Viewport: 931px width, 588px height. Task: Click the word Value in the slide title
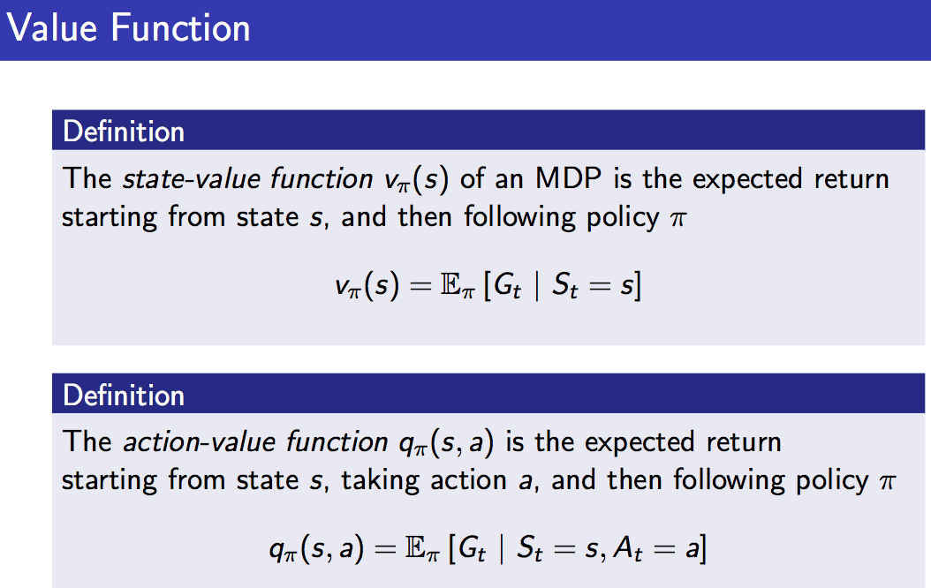pyautogui.click(x=51, y=28)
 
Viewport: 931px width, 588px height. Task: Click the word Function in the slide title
pyautogui.click(x=180, y=28)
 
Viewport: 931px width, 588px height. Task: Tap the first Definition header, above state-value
pyautogui.click(x=124, y=132)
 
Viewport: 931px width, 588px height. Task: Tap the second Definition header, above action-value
pyautogui.click(x=124, y=396)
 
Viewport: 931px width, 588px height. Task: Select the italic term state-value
pyautogui.click(x=188, y=178)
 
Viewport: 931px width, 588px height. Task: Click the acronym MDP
pyautogui.click(x=568, y=178)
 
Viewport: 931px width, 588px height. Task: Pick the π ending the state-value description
pyautogui.click(x=678, y=219)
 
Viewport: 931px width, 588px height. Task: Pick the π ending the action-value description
pyautogui.click(x=887, y=482)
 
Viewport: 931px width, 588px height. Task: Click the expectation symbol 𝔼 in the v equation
pyautogui.click(x=450, y=285)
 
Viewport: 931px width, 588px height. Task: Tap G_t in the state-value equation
pyautogui.click(x=507, y=286)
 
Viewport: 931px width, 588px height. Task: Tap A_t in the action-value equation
pyautogui.click(x=628, y=549)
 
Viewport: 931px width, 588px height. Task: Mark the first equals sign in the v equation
pyautogui.click(x=420, y=287)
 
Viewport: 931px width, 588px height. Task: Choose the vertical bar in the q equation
pyautogui.click(x=502, y=549)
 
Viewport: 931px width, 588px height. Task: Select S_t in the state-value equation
pyautogui.click(x=564, y=286)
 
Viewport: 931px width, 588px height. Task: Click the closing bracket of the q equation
pyautogui.click(x=703, y=549)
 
